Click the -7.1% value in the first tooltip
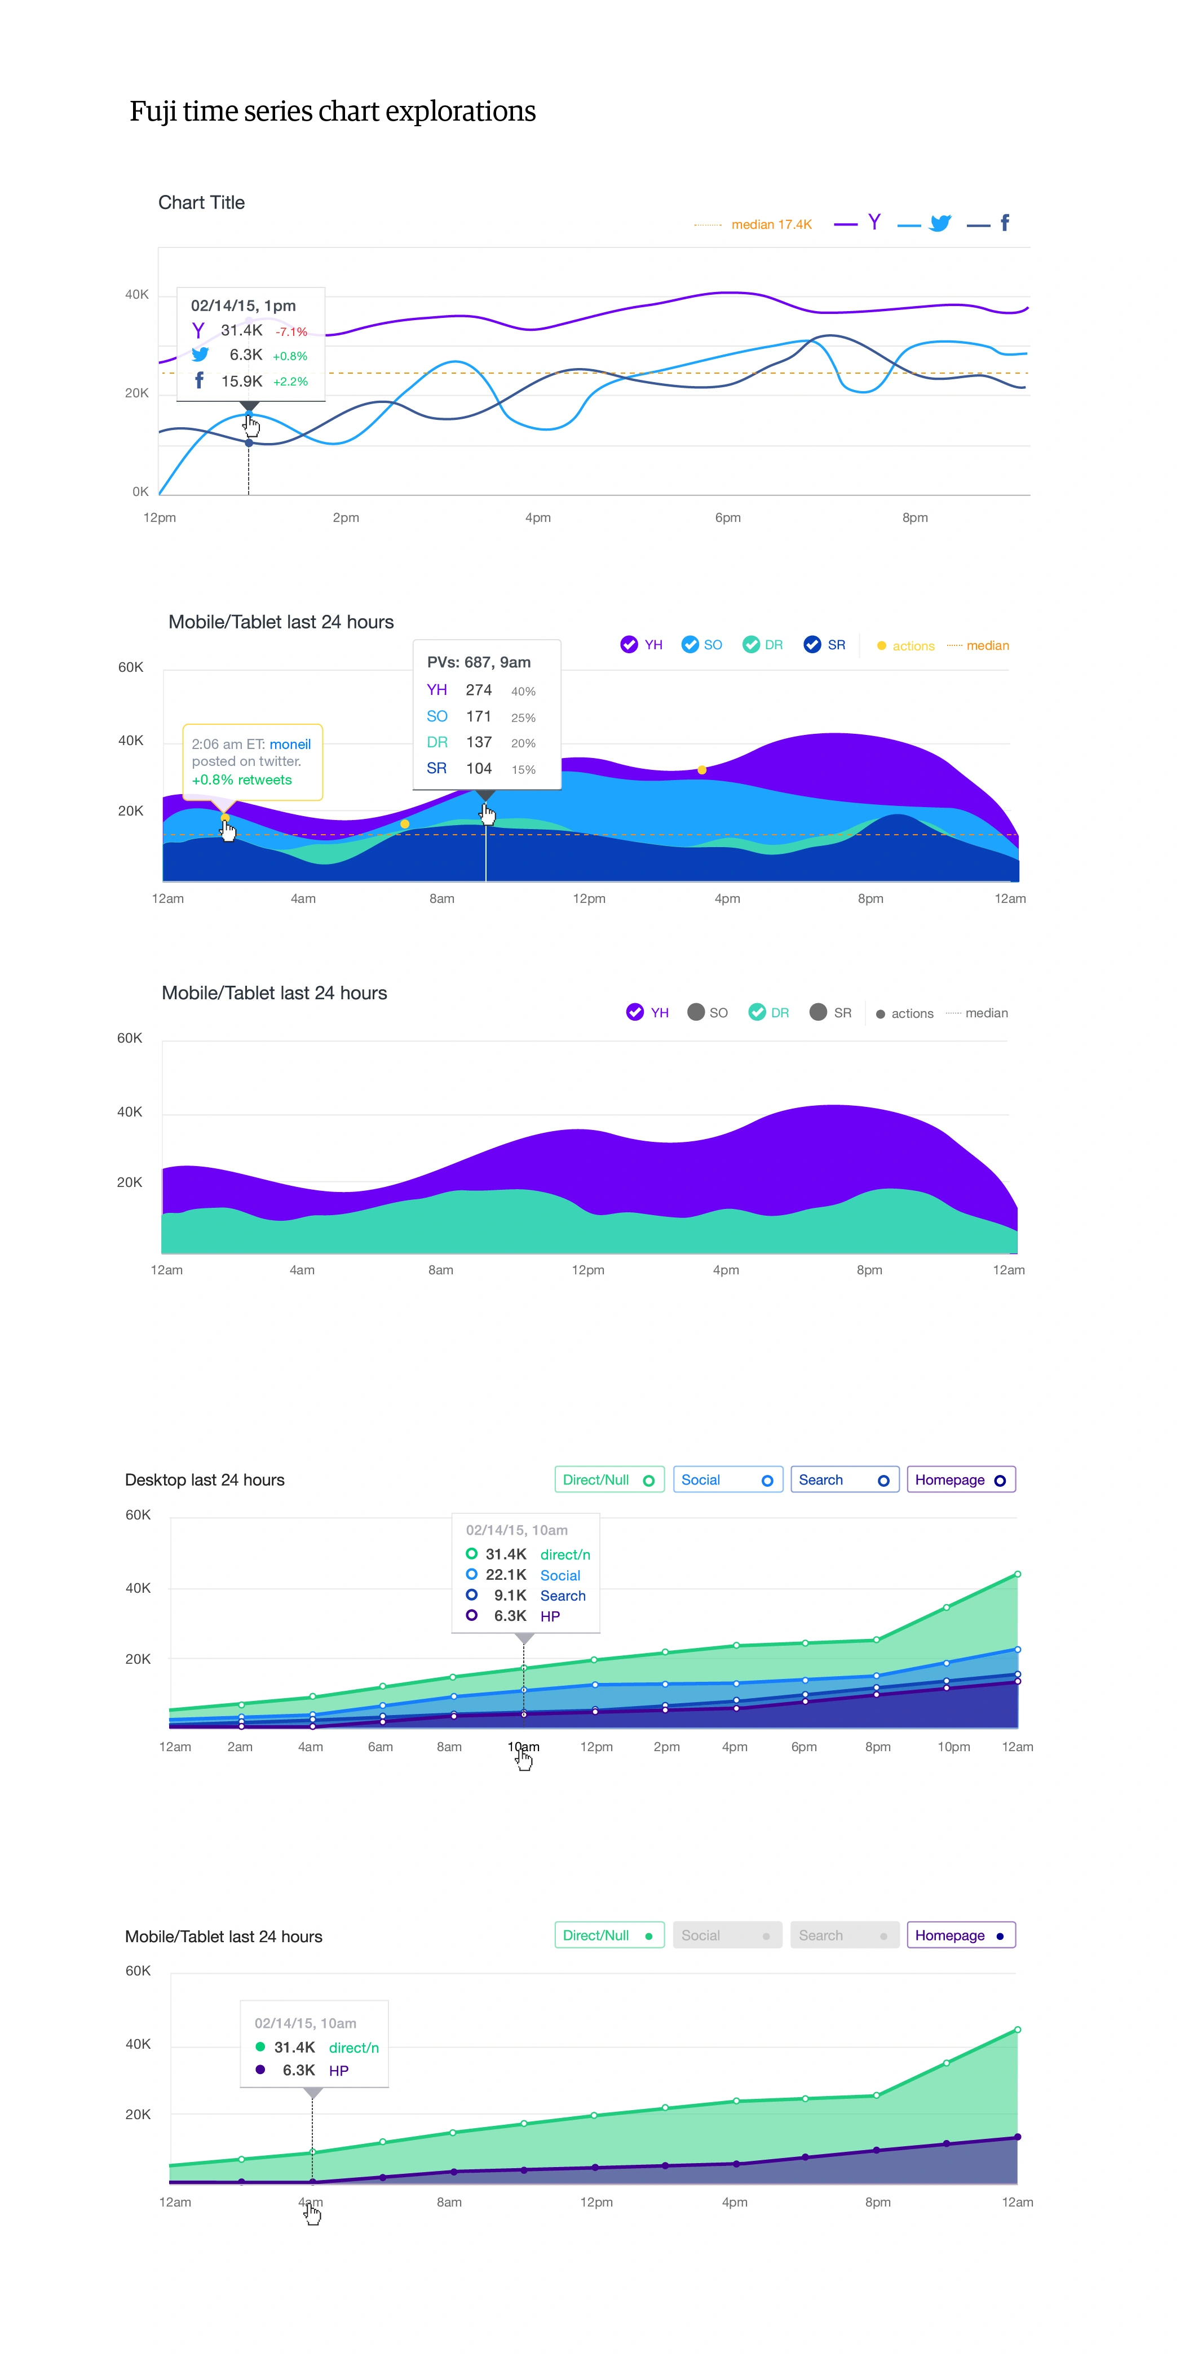(x=291, y=332)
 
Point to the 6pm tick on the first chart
(x=728, y=518)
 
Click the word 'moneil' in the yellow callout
(x=290, y=744)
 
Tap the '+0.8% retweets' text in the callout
(x=242, y=779)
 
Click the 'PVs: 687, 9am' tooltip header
(x=479, y=662)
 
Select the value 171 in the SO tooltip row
(x=479, y=716)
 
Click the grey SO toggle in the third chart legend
(x=696, y=1012)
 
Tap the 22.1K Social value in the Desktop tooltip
(x=505, y=1575)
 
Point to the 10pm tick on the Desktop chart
(x=953, y=1747)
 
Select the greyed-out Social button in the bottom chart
(x=727, y=1935)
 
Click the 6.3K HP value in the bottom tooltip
(x=298, y=2070)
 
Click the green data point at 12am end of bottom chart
(x=1017, y=2030)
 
